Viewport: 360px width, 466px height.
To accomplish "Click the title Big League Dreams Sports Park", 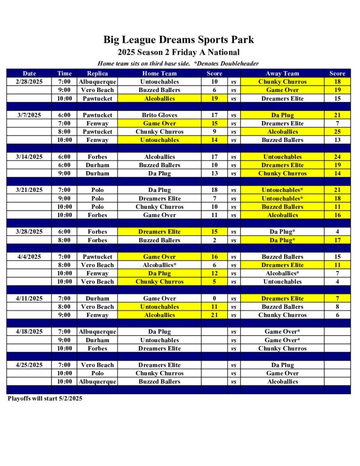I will pos(178,40).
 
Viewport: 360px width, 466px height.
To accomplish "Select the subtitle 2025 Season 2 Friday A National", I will pos(178,52).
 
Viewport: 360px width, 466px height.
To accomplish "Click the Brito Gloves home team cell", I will pos(159,115).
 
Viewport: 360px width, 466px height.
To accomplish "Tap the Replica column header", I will pos(97,73).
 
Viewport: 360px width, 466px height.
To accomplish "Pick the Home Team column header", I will pos(159,73).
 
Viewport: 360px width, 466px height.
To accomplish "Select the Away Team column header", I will pos(282,73).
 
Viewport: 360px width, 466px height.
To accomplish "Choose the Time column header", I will pos(65,73).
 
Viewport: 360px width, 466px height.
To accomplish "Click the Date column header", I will pos(29,73).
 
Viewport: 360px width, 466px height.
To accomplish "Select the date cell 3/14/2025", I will pos(29,157).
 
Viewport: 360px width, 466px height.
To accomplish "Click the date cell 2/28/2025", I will pos(29,82).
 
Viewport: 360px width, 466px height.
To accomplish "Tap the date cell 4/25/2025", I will pos(29,365).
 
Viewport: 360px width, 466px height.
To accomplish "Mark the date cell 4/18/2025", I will pos(29,331).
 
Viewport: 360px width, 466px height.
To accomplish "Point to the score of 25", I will pos(337,132).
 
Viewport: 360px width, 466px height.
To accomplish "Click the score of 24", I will pos(337,157).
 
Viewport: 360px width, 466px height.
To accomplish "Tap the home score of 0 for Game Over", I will pos(214,299).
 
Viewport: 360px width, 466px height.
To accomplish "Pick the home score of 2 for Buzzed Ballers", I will pos(214,240).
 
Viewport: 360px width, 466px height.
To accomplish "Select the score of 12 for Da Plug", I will pos(214,274).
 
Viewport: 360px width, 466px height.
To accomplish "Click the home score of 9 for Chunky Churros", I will pos(214,132).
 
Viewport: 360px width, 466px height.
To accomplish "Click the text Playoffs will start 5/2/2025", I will pos(45,398).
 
